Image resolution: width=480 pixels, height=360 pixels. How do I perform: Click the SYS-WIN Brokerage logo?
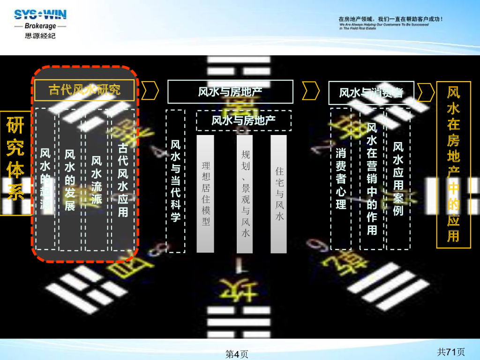[40, 24]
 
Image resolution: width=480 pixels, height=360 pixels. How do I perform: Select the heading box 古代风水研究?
[85, 90]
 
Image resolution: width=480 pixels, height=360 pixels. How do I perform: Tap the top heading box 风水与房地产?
[230, 91]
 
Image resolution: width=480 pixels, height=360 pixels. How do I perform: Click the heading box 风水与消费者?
[371, 92]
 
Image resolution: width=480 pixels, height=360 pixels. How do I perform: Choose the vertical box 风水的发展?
[70, 180]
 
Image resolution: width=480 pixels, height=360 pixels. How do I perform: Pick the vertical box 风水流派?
[97, 180]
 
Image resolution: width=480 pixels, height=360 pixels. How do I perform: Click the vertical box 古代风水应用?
[123, 180]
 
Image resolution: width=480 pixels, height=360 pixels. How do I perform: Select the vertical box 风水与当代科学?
[176, 181]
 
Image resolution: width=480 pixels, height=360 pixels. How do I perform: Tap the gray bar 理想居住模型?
[205, 194]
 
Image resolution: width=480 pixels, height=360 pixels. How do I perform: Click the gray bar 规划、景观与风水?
[245, 194]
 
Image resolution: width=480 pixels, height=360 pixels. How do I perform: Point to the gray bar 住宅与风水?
[279, 194]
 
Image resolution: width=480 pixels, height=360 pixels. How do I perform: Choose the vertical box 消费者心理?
[341, 179]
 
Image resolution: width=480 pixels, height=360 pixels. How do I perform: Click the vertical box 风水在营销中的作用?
[372, 179]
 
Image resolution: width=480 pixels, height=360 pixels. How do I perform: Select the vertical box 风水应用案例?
[398, 179]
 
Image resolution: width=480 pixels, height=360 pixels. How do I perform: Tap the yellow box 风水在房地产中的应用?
[453, 164]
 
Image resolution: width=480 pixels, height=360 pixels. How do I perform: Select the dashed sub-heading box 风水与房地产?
[243, 120]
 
